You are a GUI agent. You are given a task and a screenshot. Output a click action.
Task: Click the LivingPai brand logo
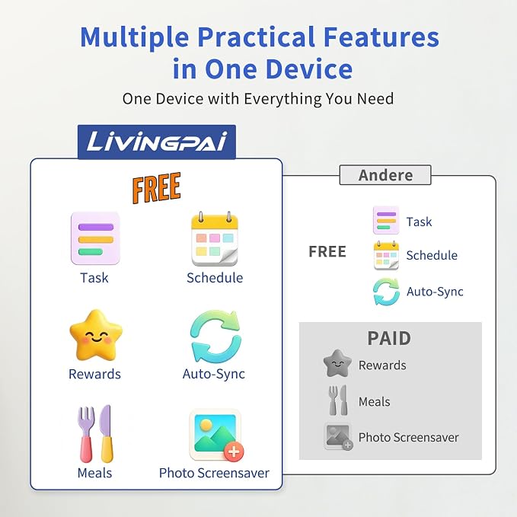coord(157,142)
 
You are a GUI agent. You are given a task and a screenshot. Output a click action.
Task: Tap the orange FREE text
coord(156,187)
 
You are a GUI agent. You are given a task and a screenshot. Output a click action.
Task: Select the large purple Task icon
coord(95,238)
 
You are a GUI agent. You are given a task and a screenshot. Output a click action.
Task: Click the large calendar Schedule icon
coord(215,239)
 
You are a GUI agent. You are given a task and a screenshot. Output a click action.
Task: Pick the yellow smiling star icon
coord(96,335)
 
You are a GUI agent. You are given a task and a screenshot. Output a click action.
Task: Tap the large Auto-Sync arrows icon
coord(215,337)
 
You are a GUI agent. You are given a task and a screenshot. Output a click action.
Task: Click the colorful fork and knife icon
coord(96,433)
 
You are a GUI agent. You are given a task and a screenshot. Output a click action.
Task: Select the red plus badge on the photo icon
coord(234,451)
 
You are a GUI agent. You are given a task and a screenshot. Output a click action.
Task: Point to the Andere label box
coord(385,175)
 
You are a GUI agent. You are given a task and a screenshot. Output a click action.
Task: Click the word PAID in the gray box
coord(389,338)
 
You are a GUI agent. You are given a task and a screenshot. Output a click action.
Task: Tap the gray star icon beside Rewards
coord(337,363)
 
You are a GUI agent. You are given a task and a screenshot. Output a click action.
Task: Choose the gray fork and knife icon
coord(338,401)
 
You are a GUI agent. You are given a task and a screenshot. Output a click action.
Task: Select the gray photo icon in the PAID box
coord(338,436)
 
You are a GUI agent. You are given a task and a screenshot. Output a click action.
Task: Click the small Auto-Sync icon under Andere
coord(386,292)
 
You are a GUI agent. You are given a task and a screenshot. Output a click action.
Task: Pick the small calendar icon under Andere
coord(386,255)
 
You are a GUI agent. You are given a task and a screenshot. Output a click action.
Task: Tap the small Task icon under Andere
coord(386,220)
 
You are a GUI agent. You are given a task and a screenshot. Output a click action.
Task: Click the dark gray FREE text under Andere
coord(327,251)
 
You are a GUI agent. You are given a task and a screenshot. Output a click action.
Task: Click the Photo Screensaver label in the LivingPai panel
coord(214,474)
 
